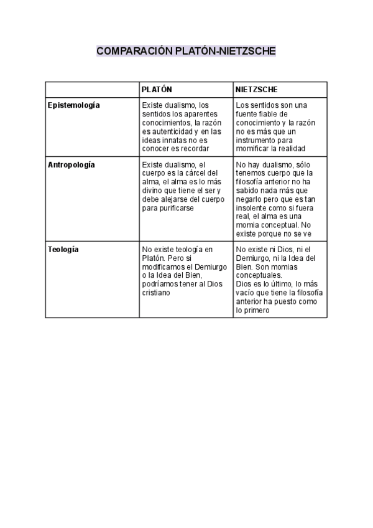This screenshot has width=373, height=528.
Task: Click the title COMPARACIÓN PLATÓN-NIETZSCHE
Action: [186, 50]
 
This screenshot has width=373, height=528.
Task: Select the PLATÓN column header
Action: [157, 90]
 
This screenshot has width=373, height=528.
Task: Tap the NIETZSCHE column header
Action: [257, 90]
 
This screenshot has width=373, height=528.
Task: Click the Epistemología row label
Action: [74, 105]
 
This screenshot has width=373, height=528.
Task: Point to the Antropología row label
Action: [71, 165]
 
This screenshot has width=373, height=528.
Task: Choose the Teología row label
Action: [63, 250]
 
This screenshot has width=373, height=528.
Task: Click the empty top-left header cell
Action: [92, 90]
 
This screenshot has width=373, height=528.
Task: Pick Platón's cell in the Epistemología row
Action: [186, 127]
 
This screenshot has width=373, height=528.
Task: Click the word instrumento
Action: [256, 140]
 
